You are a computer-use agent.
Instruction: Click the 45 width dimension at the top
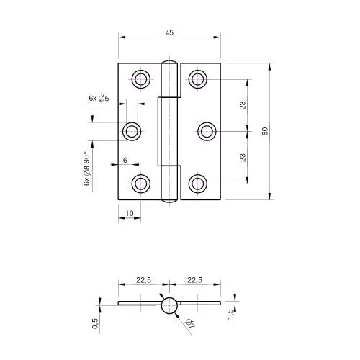click(x=168, y=32)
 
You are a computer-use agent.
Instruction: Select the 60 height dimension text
click(x=265, y=131)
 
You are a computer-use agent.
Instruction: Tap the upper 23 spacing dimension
click(x=243, y=105)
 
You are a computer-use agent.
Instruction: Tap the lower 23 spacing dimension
click(x=243, y=157)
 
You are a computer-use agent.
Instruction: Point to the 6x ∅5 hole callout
click(x=98, y=98)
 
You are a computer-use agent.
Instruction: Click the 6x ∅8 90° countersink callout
click(x=86, y=170)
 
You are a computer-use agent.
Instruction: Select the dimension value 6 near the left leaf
click(x=125, y=160)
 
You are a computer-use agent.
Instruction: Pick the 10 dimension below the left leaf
click(x=129, y=213)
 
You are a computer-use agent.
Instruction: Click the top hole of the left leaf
click(x=140, y=78)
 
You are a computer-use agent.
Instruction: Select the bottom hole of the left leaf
click(x=140, y=184)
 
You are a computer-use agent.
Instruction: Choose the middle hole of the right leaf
click(x=207, y=131)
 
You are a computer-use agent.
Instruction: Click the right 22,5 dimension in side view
click(x=194, y=281)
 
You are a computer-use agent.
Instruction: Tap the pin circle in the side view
click(x=169, y=305)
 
